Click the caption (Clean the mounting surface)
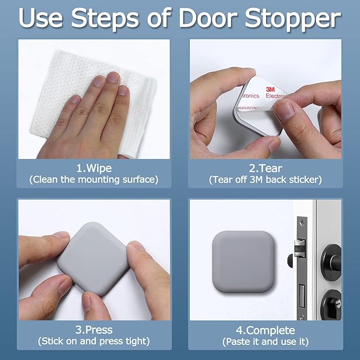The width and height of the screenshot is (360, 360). (94, 180)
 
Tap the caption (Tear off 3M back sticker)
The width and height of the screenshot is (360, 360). (266, 180)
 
